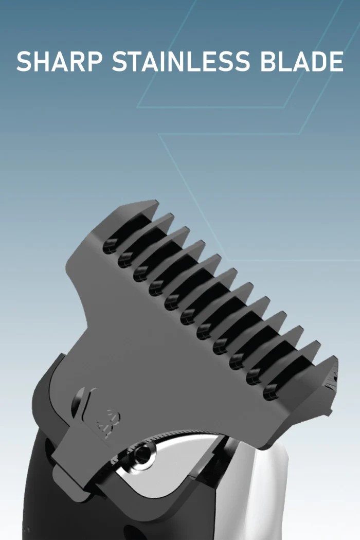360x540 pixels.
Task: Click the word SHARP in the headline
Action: (59, 61)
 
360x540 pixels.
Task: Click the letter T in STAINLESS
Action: (138, 61)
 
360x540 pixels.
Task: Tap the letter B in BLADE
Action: (268, 61)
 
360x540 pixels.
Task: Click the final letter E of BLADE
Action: (336, 61)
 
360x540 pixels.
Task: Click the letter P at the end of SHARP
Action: (95, 61)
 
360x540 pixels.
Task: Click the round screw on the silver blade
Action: (142, 455)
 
